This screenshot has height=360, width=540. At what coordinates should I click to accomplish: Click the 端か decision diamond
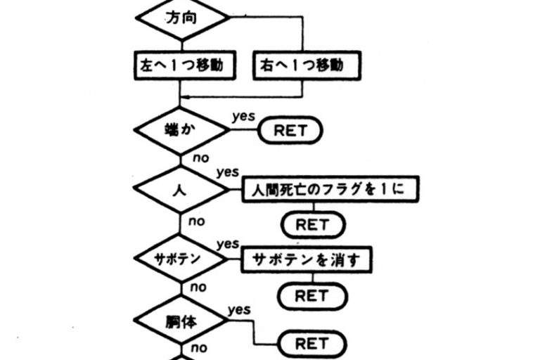[182, 130]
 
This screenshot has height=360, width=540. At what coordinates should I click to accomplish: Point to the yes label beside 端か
[243, 115]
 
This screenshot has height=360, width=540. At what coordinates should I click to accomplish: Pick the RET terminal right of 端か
[290, 131]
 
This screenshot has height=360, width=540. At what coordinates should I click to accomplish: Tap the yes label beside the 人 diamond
[228, 172]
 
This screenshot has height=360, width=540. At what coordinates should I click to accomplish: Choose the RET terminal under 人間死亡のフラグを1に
[313, 224]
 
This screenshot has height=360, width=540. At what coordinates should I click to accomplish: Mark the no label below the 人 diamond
[196, 221]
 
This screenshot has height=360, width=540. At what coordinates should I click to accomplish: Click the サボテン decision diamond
[182, 258]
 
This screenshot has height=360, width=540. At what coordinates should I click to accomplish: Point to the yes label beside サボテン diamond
[228, 243]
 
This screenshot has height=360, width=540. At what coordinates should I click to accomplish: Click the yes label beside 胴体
[239, 309]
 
